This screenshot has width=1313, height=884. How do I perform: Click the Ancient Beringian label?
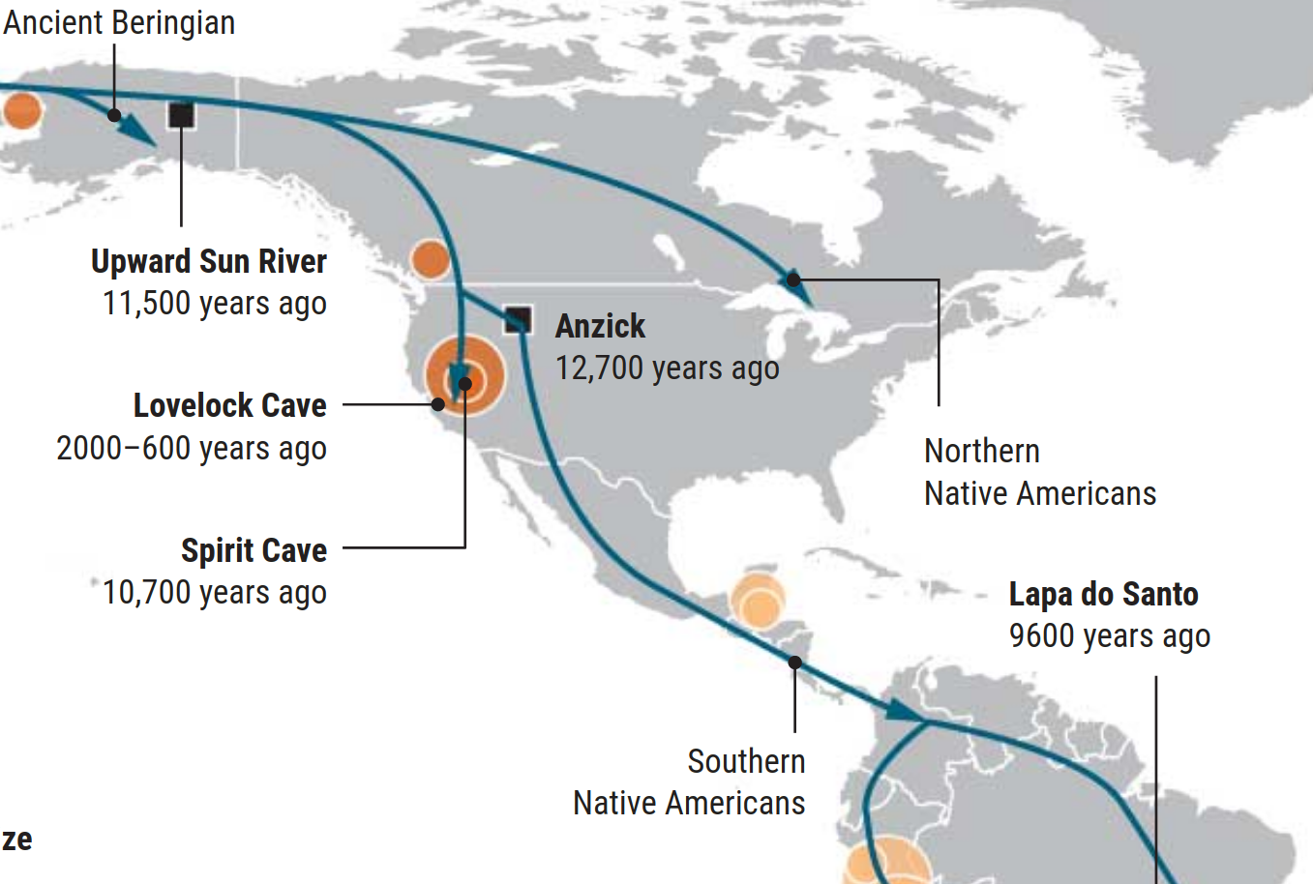(118, 22)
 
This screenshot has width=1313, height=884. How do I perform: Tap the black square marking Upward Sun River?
(181, 115)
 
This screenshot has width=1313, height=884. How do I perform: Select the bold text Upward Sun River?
(208, 261)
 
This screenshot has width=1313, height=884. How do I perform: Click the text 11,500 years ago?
(214, 304)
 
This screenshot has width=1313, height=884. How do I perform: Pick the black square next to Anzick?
(518, 319)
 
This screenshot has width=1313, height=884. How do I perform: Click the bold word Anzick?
(600, 326)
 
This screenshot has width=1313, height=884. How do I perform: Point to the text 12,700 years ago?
(667, 368)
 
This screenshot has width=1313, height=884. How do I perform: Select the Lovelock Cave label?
(229, 405)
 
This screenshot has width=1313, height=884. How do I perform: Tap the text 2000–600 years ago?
(192, 449)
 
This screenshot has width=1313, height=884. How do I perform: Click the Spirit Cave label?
(254, 550)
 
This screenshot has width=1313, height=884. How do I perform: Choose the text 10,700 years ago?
(214, 593)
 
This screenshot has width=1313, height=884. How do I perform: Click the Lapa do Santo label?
(1103, 594)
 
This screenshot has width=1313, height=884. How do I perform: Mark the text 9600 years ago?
(1109, 636)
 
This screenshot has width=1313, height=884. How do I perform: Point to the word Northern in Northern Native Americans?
(981, 451)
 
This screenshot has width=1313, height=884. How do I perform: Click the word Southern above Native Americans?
(746, 761)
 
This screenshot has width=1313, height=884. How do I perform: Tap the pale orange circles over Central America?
(758, 601)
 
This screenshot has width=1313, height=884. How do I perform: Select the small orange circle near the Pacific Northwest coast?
(430, 259)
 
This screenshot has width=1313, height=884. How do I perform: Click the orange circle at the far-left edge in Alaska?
(21, 110)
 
